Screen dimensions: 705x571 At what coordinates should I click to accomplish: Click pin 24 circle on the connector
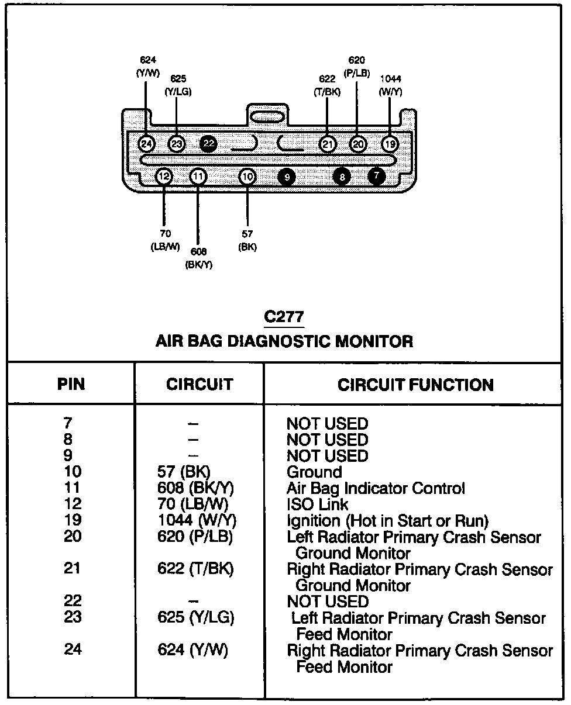pos(146,144)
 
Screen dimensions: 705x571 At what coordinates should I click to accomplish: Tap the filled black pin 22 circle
pos(208,144)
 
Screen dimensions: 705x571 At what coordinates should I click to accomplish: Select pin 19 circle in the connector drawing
pos(390,144)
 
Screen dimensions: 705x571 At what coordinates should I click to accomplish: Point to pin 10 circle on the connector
pos(248,176)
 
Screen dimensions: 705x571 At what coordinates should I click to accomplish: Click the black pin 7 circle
pos(377,175)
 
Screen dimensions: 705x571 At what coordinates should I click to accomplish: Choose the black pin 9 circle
pos(287,176)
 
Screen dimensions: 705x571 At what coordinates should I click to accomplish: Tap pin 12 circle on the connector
pos(164,176)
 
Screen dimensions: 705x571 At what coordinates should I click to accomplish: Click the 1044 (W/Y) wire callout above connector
pos(390,85)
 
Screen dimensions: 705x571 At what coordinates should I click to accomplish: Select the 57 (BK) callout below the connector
pos(247,240)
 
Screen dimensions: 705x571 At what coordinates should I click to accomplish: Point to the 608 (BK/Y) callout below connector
pos(199,257)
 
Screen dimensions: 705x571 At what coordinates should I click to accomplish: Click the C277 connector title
pos(284,317)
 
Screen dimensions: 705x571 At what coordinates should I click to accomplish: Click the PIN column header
pos(71,384)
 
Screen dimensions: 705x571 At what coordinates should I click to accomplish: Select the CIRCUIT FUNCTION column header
pos(415,384)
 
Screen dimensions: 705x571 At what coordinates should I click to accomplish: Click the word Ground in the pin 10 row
pos(314,472)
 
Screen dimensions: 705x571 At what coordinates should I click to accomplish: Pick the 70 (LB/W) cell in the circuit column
pos(193,504)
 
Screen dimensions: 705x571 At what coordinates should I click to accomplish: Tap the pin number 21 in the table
pos(73,568)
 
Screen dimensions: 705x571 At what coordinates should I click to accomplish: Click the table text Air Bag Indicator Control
pos(376,488)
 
